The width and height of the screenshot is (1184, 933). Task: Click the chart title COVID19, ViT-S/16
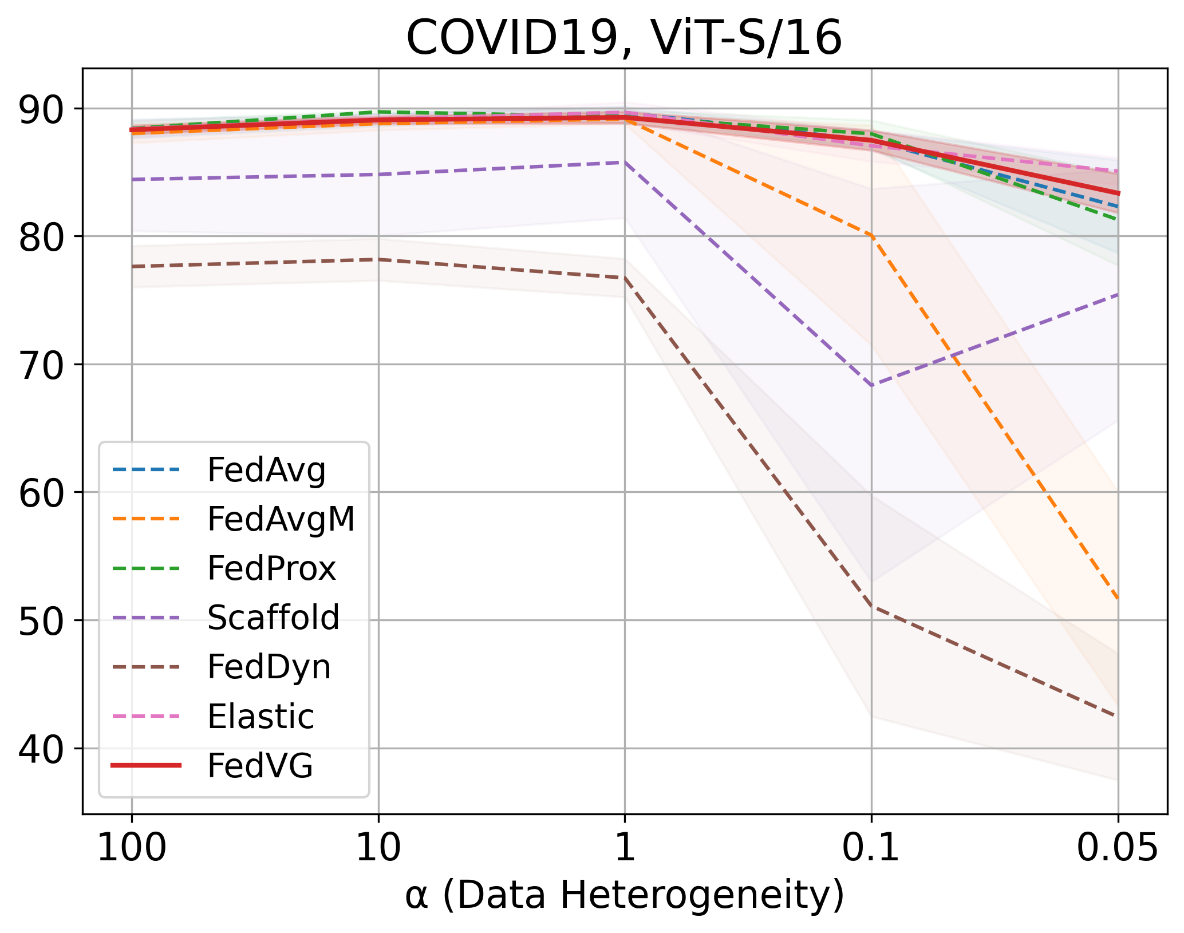click(x=624, y=38)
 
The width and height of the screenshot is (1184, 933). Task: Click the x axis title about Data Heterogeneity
click(x=624, y=896)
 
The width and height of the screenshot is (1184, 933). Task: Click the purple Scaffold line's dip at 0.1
click(x=871, y=386)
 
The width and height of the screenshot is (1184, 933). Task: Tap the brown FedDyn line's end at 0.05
click(x=1116, y=716)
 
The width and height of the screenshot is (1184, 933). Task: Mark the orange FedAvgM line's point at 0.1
click(x=871, y=235)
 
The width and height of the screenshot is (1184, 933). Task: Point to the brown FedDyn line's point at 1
click(x=625, y=278)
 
